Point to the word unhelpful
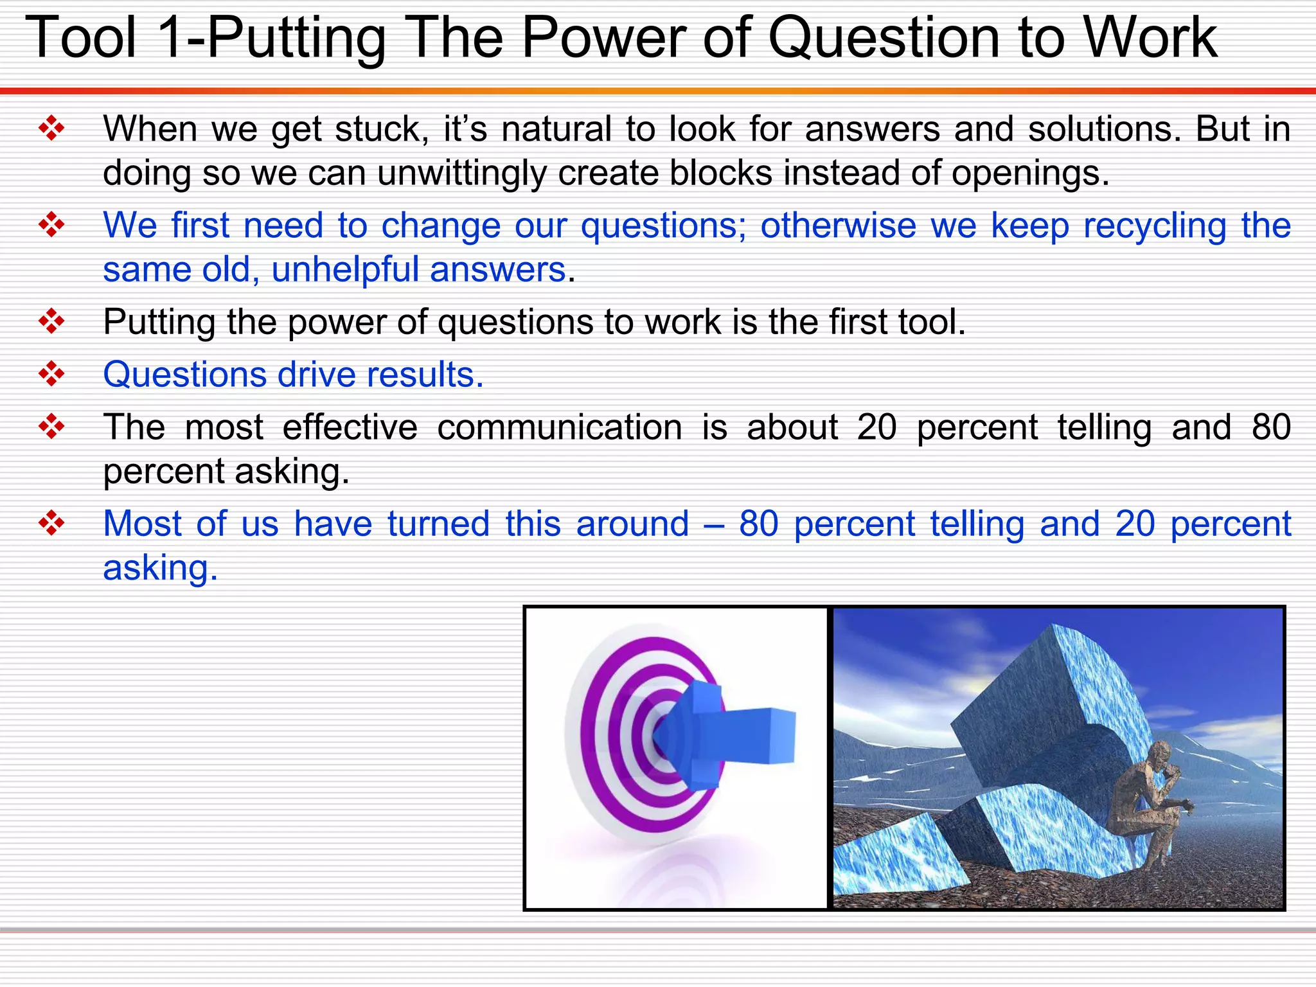click(344, 270)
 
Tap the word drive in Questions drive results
click(316, 375)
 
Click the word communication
click(559, 428)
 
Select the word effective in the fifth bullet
click(350, 428)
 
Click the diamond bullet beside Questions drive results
click(51, 374)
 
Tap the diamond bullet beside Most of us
click(51, 523)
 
